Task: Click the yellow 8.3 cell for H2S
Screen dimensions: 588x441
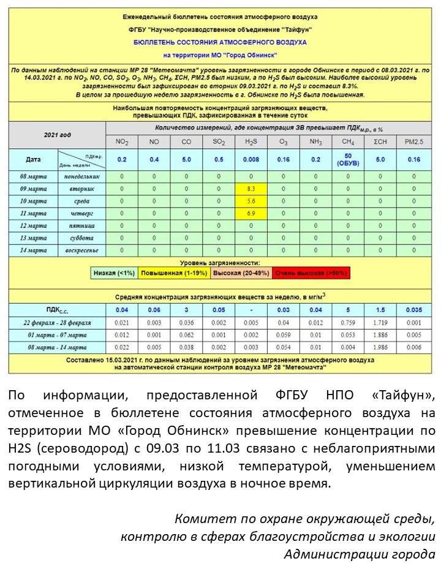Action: click(251, 189)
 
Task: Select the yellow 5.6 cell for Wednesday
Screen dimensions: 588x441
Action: click(251, 202)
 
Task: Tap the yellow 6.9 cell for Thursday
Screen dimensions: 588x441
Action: click(251, 214)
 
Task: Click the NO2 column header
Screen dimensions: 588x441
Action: click(122, 142)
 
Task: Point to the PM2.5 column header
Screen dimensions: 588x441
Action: click(413, 142)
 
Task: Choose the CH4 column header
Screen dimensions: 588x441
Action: click(347, 142)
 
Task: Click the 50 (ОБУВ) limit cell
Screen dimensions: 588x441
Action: click(347, 160)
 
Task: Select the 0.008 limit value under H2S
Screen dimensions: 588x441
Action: click(251, 159)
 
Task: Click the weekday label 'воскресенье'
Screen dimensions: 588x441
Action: click(81, 251)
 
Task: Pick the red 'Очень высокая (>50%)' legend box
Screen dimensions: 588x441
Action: click(311, 273)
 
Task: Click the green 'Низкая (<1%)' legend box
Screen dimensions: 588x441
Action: click(114, 273)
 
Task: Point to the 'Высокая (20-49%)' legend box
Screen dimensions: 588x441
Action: click(238, 273)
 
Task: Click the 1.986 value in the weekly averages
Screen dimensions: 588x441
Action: click(380, 347)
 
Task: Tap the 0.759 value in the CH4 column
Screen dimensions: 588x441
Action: click(347, 323)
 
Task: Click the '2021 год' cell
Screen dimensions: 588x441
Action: click(57, 134)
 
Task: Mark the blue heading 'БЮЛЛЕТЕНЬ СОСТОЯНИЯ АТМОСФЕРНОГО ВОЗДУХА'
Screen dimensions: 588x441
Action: click(220, 43)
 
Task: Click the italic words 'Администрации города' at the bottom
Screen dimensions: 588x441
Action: click(360, 555)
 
